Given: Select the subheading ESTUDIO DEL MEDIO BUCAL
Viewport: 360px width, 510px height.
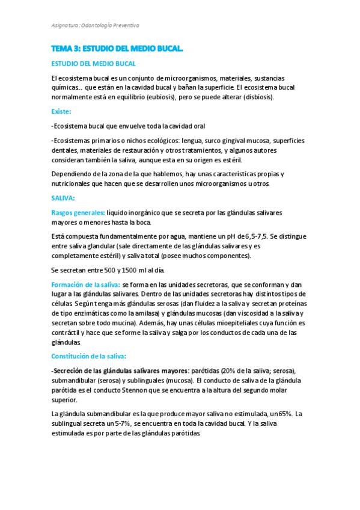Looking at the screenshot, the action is pos(93,63).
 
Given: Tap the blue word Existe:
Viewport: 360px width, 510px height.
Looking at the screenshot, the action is pos(61,111).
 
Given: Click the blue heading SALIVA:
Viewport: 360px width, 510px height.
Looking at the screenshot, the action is pos(63,198).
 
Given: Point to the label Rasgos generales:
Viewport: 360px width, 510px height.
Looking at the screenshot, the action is pos(78,213).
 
